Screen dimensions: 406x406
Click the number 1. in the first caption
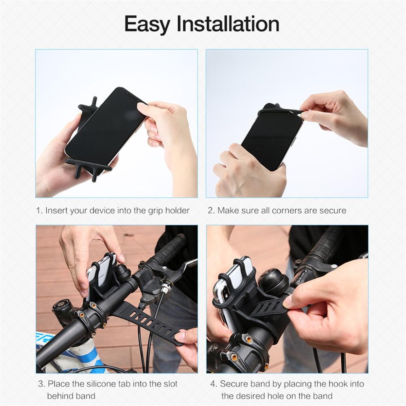pyautogui.click(x=39, y=210)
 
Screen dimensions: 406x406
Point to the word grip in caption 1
pyautogui.click(x=154, y=211)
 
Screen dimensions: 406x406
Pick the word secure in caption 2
pyautogui.click(x=333, y=210)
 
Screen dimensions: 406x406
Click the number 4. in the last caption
pyautogui.click(x=214, y=384)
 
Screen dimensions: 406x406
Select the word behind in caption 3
pyautogui.click(x=60, y=396)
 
